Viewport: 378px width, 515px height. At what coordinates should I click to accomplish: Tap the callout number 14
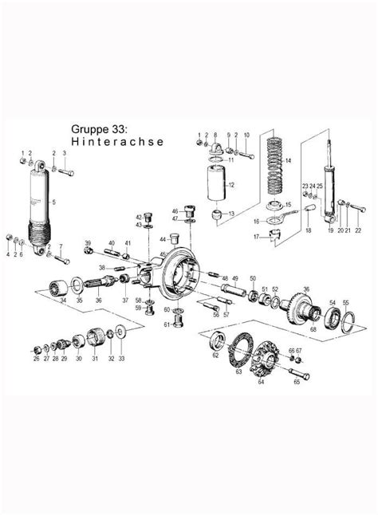[x=289, y=162]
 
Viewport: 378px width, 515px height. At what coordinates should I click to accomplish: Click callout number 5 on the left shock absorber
[x=53, y=203]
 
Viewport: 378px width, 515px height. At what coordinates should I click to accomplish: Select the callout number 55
[x=346, y=303]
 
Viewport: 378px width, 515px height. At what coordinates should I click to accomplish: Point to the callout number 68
[x=313, y=329]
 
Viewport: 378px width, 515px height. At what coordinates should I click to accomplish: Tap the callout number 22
[x=358, y=230]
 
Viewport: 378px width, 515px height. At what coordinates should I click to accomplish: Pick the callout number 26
[x=36, y=359]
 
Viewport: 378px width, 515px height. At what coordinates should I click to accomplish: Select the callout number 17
[x=256, y=237]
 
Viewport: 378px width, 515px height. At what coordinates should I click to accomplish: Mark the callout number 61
[x=167, y=324]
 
